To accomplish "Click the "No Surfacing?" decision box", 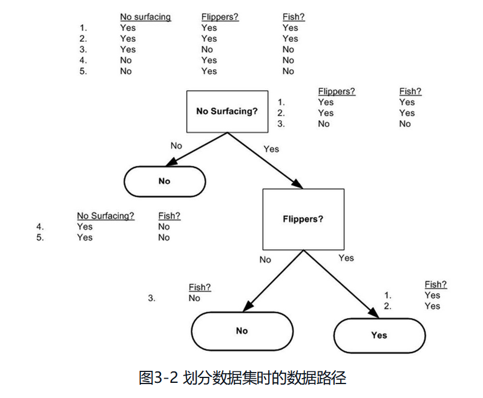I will [x=227, y=112].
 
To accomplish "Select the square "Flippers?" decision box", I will [x=303, y=219].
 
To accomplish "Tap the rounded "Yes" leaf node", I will [x=379, y=335].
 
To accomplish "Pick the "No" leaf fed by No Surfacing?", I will [x=165, y=181].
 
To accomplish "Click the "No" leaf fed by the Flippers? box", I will [x=242, y=331].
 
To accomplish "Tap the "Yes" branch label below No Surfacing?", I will [x=271, y=149].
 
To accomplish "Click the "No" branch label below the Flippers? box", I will [x=265, y=259].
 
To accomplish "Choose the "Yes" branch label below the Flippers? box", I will [x=346, y=258].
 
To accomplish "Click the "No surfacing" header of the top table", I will [x=145, y=17].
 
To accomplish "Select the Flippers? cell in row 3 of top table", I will [x=208, y=50].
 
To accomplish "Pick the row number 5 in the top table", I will [x=83, y=71].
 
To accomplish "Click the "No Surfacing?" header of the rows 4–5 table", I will [x=106, y=216].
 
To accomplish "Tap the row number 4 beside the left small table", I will [x=41, y=227].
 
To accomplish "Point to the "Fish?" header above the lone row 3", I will [x=200, y=287].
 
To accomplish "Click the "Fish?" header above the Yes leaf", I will [x=436, y=284].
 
